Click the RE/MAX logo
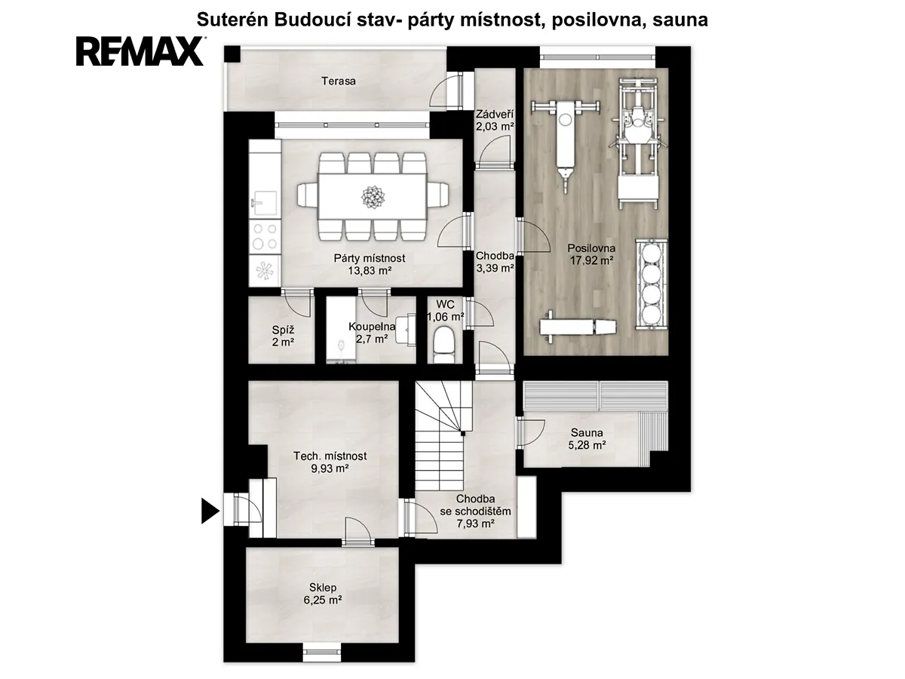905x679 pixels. (140, 51)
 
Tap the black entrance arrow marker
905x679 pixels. (210, 511)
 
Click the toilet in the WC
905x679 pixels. (443, 345)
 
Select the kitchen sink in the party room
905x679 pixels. (264, 203)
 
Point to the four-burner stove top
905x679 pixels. (265, 236)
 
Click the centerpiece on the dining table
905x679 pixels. (373, 198)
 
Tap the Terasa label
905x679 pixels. (339, 81)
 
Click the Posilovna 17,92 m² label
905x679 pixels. (591, 254)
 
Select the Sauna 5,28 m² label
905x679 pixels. (587, 438)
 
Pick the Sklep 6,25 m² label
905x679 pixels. (323, 594)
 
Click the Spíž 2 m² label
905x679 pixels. (283, 336)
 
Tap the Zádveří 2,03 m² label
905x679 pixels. (495, 120)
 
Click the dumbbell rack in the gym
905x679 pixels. (651, 284)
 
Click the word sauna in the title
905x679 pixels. (680, 20)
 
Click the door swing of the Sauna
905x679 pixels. (532, 432)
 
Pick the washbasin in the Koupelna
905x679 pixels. (406, 329)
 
